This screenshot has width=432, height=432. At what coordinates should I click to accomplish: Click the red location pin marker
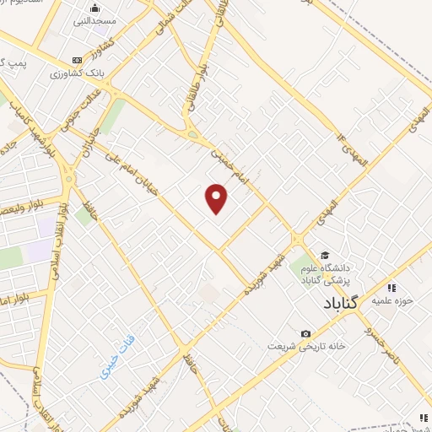click(x=218, y=198)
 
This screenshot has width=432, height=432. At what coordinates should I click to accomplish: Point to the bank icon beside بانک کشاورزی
click(x=78, y=60)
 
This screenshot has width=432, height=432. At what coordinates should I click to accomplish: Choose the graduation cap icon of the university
click(x=325, y=255)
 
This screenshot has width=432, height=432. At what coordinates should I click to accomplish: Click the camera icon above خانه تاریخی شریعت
click(x=305, y=334)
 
